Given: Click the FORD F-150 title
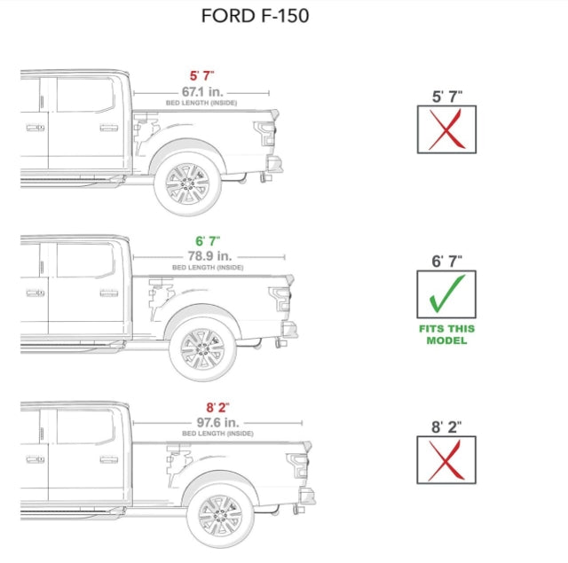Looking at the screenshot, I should [255, 16].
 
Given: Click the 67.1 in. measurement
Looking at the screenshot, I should [201, 91].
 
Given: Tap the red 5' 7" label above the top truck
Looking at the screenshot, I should [201, 77].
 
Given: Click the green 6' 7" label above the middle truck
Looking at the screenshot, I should [207, 241].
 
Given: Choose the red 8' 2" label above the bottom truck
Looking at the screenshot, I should [217, 407].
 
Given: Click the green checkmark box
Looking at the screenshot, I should [446, 294].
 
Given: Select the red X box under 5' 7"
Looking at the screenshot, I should [446, 129].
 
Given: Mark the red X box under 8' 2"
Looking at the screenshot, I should [446, 459].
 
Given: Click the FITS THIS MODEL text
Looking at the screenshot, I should [446, 334].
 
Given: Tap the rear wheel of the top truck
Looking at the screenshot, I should [187, 183].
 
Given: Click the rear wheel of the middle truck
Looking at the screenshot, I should [203, 348].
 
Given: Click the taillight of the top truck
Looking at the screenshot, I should [264, 134].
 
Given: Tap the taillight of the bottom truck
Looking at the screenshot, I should [296, 465].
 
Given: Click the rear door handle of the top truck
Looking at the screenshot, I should [108, 128].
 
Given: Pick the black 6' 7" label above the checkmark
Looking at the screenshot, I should [446, 262].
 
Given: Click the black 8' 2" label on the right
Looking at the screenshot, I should [446, 426].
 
